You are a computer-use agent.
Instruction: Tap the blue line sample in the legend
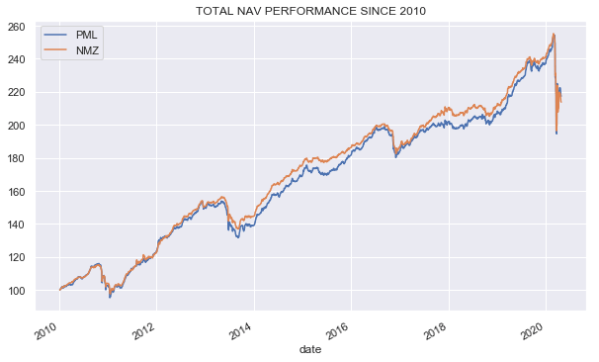[x=56, y=35]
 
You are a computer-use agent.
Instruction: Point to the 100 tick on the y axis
[x=21, y=290]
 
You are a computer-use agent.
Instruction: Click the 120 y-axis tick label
[x=21, y=257]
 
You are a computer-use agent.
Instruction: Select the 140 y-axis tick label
[x=21, y=225]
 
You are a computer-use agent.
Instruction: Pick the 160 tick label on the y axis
[x=21, y=191]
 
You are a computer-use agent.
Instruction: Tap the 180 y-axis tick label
[x=21, y=158]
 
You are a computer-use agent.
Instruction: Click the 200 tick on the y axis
[x=21, y=126]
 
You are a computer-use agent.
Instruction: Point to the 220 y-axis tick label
[x=21, y=92]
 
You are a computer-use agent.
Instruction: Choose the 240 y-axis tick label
[x=21, y=59]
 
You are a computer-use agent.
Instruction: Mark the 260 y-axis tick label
[x=21, y=27]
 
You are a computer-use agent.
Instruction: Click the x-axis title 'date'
[x=310, y=349]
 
